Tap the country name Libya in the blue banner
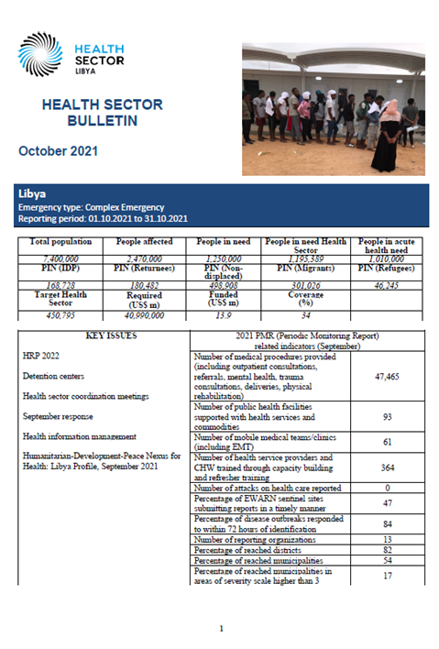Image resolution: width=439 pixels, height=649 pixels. (34, 195)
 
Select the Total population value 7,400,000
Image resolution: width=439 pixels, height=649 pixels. (52, 260)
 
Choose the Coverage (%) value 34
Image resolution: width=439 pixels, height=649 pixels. (300, 314)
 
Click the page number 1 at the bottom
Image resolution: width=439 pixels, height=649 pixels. (221, 628)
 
